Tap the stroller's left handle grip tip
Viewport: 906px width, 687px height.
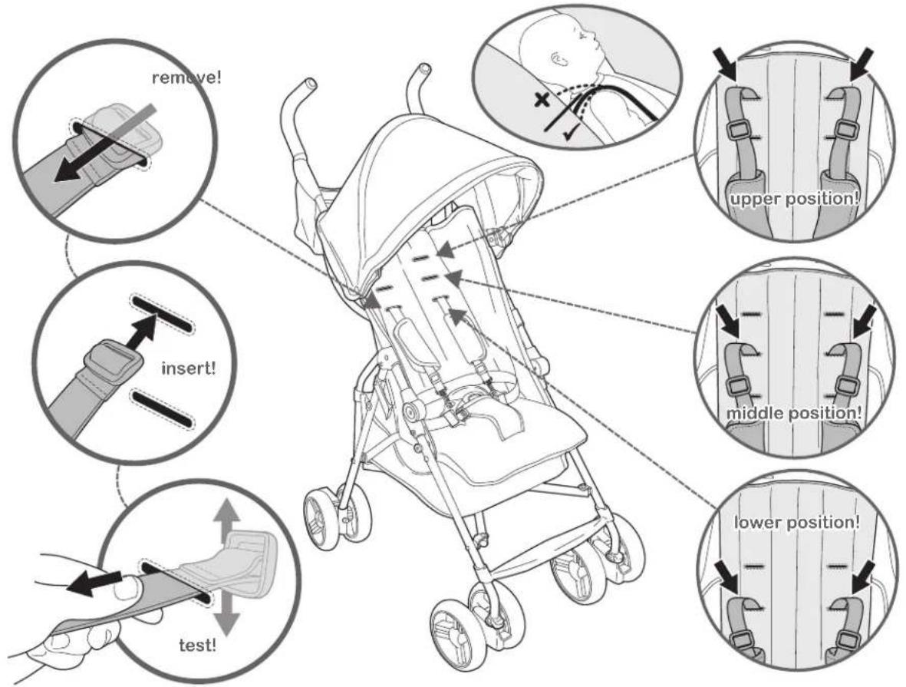tap(311, 83)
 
